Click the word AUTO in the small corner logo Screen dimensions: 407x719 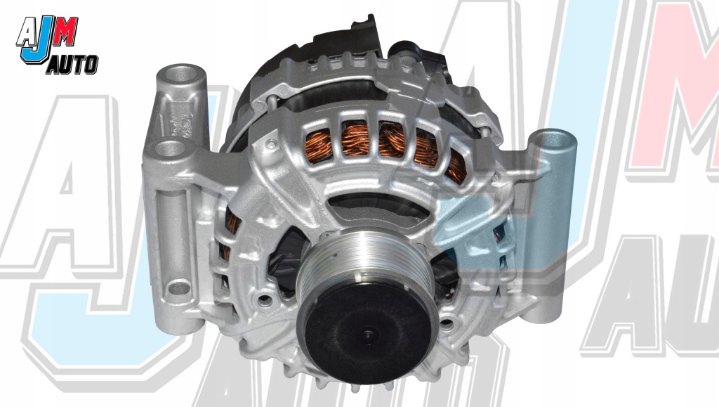click(x=72, y=66)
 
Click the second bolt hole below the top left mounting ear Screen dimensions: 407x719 click(x=166, y=148)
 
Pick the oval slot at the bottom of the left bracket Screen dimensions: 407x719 click(x=180, y=288)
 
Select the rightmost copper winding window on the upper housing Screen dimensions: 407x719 click(x=457, y=165)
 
